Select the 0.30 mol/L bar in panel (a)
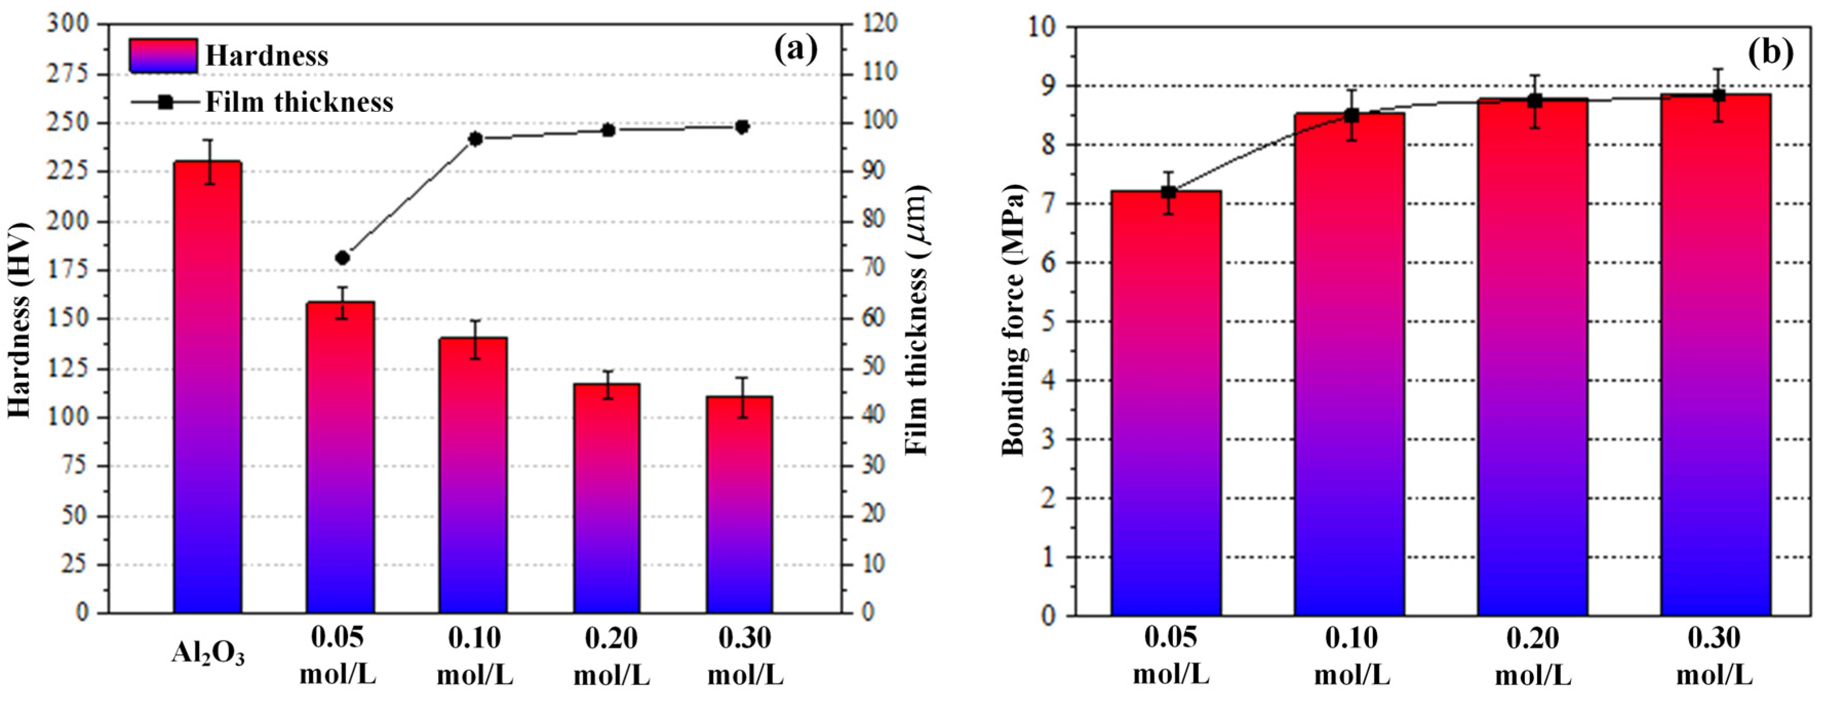[739, 504]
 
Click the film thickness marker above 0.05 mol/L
[342, 258]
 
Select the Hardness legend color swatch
[163, 55]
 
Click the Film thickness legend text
[299, 102]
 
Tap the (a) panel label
[795, 50]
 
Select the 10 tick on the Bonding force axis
[1042, 27]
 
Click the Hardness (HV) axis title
[20, 320]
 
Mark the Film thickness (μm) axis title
[918, 320]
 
